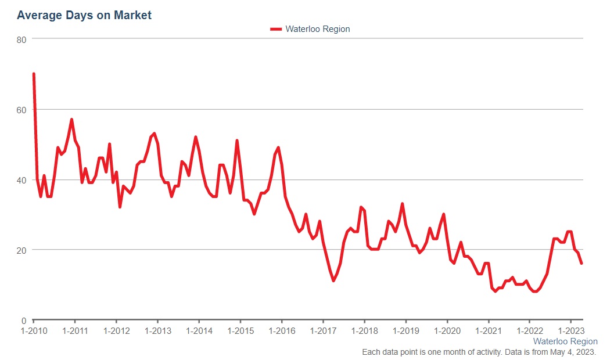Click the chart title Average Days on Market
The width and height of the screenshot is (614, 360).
tap(84, 16)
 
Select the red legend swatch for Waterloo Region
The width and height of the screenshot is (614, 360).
tap(276, 29)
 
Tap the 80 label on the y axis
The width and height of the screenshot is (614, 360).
tap(21, 39)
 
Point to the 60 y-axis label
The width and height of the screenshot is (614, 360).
tap(21, 109)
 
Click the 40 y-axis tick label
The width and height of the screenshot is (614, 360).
tap(21, 180)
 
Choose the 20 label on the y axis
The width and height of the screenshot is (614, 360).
tap(21, 250)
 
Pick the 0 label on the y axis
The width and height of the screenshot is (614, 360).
tap(24, 321)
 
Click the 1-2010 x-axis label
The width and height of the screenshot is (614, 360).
tap(34, 331)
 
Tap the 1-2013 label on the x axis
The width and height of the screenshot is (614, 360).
tap(157, 331)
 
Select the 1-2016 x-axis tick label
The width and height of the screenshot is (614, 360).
tap(282, 331)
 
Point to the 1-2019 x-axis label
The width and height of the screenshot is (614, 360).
tap(405, 331)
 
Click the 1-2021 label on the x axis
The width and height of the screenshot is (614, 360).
tap(488, 331)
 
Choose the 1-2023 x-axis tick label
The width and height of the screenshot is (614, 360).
tap(570, 331)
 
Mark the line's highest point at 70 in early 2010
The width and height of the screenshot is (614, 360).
tap(34, 74)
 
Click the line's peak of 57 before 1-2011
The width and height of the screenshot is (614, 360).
tap(71, 120)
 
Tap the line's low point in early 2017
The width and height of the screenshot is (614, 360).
tap(333, 281)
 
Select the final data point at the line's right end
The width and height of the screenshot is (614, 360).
tap(581, 264)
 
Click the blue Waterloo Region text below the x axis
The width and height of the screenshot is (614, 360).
tap(565, 341)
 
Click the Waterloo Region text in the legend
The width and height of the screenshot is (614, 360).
tap(317, 29)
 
